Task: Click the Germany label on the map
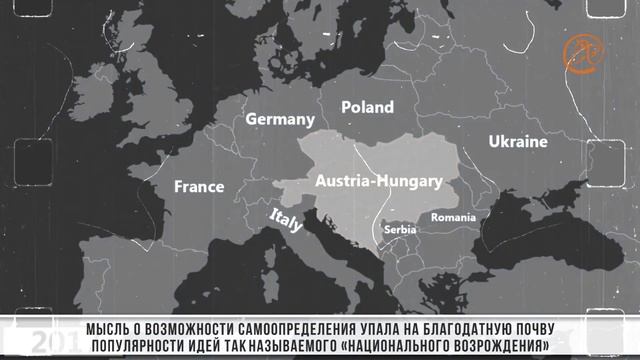pyautogui.click(x=280, y=119)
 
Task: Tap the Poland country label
pyautogui.click(x=367, y=107)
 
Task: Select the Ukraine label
pyautogui.click(x=518, y=142)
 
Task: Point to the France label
pyautogui.click(x=199, y=187)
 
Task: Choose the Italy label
pyautogui.click(x=286, y=221)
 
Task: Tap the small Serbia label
pyautogui.click(x=399, y=229)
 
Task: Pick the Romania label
pyautogui.click(x=454, y=217)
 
